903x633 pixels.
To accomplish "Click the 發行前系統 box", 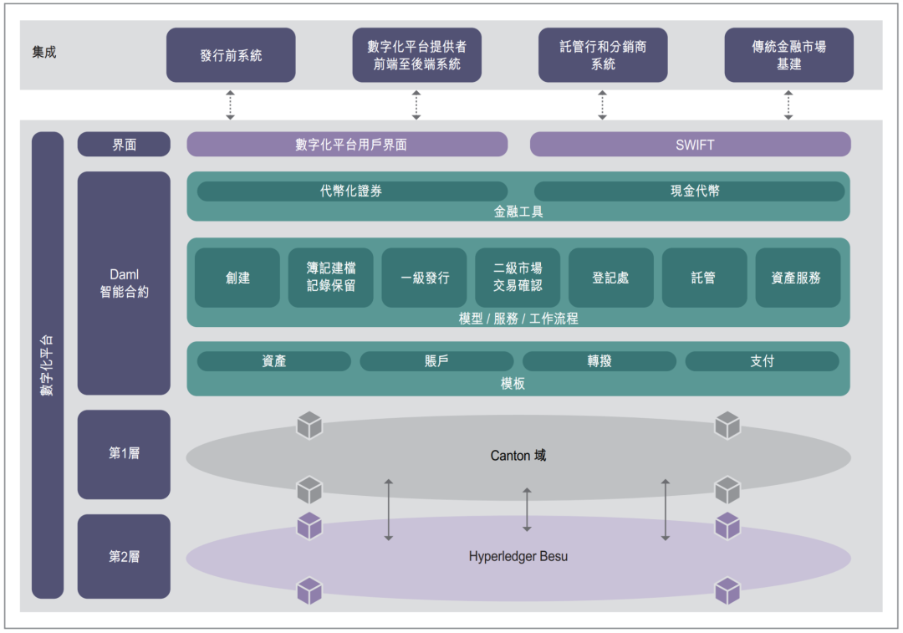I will [x=231, y=55].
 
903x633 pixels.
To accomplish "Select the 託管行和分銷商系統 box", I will [x=603, y=55].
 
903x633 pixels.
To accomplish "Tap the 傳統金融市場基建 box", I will [x=788, y=55].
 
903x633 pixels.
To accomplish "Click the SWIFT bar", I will [x=690, y=145].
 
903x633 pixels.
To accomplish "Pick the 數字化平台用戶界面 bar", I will [x=347, y=145].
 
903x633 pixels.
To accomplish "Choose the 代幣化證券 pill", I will [x=351, y=191].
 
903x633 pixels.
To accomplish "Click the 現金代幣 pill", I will [x=689, y=191].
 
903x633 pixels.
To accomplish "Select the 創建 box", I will [x=237, y=278].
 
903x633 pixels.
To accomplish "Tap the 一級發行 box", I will [x=424, y=278].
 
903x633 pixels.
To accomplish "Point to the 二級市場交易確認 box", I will [x=518, y=278].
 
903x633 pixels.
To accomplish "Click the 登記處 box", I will [x=611, y=278].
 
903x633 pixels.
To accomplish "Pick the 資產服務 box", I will [x=798, y=278].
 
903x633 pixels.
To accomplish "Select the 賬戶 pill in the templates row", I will [x=436, y=361].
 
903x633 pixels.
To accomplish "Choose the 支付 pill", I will [x=762, y=361].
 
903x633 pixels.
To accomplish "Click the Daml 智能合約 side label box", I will [x=124, y=283].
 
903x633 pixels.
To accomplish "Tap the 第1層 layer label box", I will [x=124, y=454].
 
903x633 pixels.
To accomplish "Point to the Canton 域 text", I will [x=518, y=456].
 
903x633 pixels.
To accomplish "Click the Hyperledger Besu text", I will [x=518, y=556].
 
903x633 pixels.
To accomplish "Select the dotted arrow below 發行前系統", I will [x=231, y=105].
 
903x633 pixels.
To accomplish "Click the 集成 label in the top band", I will [x=44, y=54].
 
